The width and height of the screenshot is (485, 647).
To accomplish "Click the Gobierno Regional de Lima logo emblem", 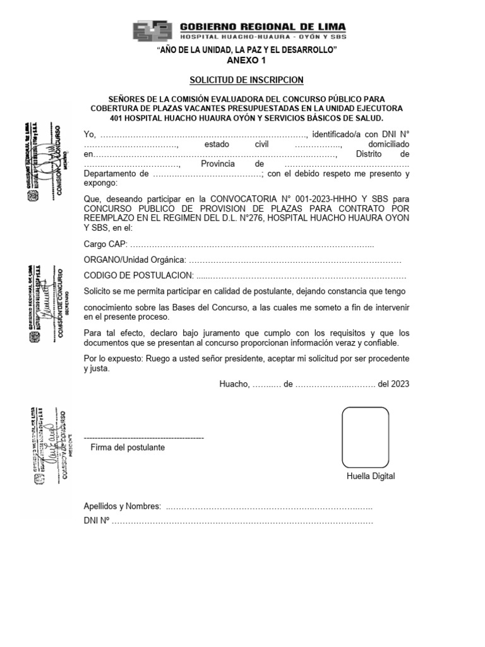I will [x=153, y=32].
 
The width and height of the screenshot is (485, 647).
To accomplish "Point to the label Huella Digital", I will [x=371, y=476].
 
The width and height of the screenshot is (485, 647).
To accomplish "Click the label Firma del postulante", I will [x=128, y=447].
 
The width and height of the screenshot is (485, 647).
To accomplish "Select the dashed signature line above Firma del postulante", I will [x=143, y=437].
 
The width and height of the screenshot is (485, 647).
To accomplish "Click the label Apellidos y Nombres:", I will [x=122, y=506].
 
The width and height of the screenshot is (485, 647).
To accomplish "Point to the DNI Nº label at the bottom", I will [x=97, y=521].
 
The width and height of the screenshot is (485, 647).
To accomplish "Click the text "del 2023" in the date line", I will [x=393, y=384].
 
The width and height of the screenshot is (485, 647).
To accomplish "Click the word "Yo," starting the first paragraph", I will [x=90, y=134].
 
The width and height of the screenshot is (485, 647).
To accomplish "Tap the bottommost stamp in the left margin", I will [x=47, y=447].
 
